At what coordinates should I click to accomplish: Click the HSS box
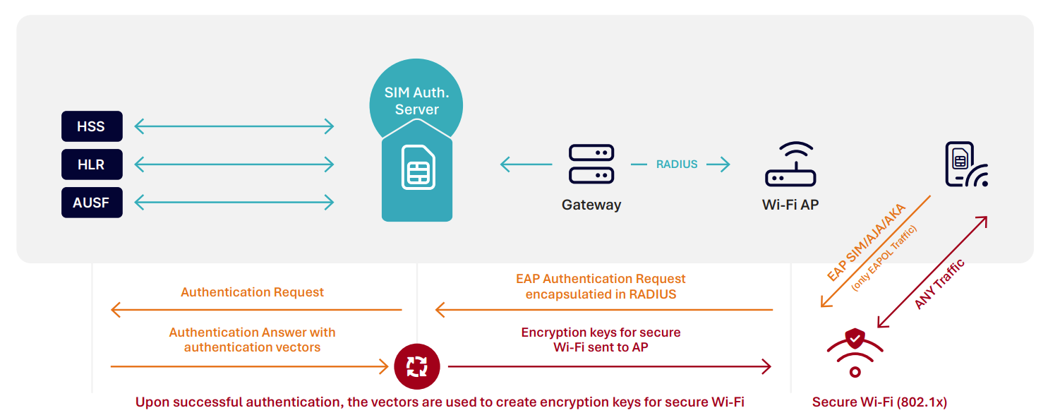click(92, 126)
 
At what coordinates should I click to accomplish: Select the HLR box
click(92, 164)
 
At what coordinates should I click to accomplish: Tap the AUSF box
click(92, 203)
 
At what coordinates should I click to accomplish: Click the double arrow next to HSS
click(234, 126)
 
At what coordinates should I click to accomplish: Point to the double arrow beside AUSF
click(234, 203)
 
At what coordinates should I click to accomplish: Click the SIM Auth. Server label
click(416, 101)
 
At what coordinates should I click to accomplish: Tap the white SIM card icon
click(418, 167)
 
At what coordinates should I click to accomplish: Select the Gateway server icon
click(591, 164)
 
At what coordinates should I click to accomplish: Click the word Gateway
click(591, 205)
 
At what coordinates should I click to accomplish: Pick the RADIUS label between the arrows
click(677, 164)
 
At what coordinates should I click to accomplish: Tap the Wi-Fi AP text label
click(790, 205)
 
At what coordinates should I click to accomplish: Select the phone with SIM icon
click(965, 164)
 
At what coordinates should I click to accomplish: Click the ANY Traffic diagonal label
click(939, 283)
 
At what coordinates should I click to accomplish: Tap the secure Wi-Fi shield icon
click(855, 349)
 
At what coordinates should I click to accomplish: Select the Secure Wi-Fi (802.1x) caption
click(879, 402)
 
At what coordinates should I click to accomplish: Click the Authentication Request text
click(252, 292)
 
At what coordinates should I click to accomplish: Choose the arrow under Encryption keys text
click(609, 367)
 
